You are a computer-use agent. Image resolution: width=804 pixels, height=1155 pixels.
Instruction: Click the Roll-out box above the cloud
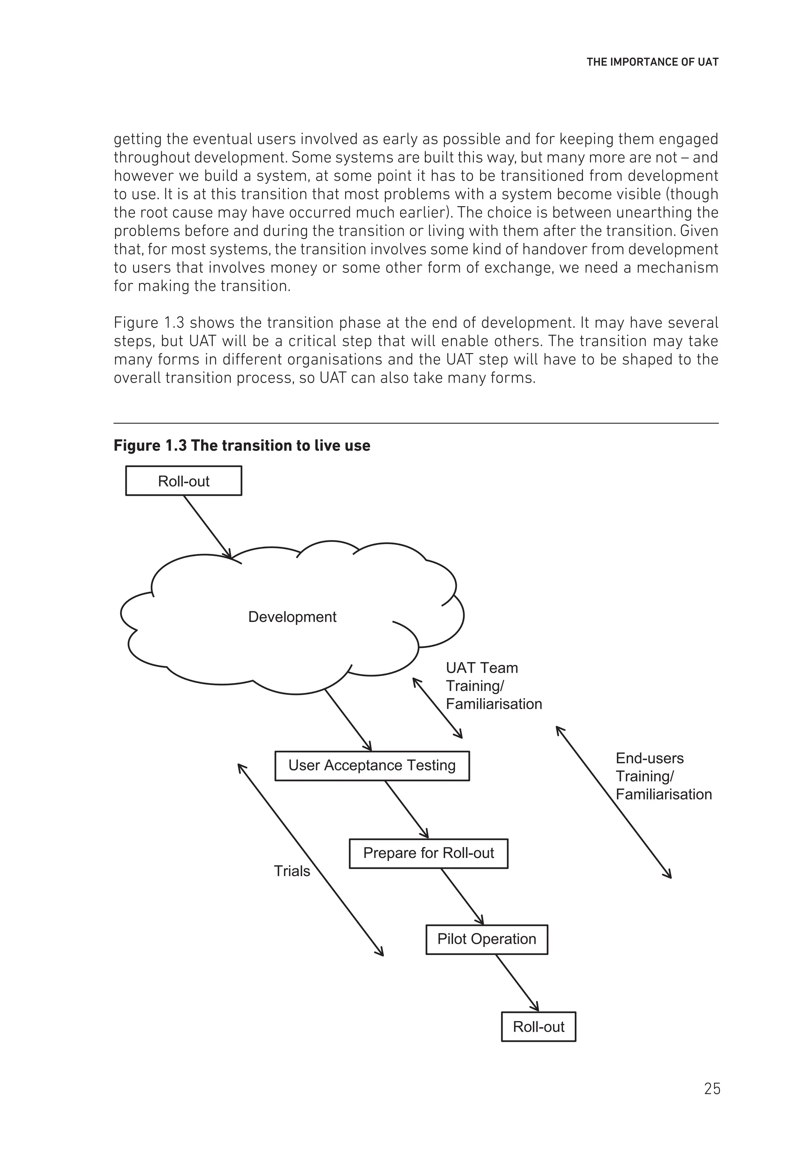(x=183, y=481)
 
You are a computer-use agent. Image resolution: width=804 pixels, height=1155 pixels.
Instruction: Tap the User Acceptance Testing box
(x=372, y=765)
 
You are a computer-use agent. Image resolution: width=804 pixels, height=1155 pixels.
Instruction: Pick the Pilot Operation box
(x=486, y=939)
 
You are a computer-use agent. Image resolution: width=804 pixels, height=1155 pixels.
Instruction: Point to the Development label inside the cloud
(x=292, y=617)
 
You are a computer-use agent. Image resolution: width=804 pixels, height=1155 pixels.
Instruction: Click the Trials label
(x=292, y=871)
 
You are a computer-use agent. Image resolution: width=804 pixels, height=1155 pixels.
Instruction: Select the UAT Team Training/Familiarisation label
(x=493, y=686)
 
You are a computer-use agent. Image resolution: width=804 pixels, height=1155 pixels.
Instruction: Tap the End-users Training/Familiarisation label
(x=663, y=776)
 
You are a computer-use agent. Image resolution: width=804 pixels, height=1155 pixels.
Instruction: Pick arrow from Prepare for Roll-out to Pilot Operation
(x=462, y=896)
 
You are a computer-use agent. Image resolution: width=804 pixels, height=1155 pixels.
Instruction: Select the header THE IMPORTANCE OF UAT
(x=652, y=62)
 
